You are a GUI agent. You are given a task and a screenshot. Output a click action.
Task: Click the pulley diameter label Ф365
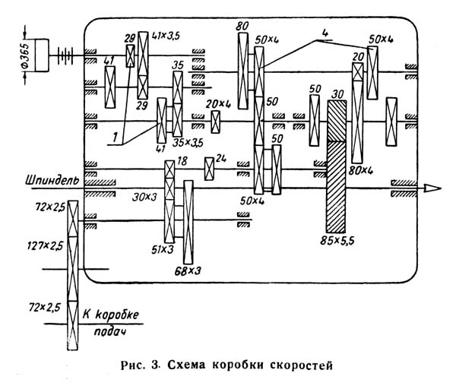25,55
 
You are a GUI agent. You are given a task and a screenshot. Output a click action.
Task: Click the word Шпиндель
52,181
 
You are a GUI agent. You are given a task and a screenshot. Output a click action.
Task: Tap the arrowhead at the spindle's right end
432,188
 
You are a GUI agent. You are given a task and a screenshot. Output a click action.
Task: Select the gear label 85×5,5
337,241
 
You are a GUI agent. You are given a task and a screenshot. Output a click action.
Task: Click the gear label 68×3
188,271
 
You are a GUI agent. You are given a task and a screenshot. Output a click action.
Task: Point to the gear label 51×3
163,250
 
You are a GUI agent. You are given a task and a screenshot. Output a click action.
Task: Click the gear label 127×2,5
45,246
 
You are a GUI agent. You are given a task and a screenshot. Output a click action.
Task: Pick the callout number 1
116,137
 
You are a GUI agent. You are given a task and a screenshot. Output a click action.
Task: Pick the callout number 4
325,33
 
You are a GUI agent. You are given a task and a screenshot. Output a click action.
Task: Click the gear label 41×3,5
166,36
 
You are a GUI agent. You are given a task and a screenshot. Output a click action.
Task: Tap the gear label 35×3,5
188,143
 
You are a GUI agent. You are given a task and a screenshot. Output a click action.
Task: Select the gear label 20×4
218,104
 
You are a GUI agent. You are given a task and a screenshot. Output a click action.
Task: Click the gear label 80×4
360,170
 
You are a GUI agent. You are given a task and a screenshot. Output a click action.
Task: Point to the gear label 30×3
144,198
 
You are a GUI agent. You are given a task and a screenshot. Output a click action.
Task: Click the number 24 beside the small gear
220,159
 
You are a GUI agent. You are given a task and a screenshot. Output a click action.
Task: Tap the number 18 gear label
182,161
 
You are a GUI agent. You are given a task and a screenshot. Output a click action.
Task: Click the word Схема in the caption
186,365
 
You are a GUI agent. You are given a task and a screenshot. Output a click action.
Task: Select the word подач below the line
110,332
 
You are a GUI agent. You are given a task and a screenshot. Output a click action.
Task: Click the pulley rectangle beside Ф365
42,55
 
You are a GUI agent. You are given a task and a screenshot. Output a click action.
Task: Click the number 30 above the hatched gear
337,94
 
